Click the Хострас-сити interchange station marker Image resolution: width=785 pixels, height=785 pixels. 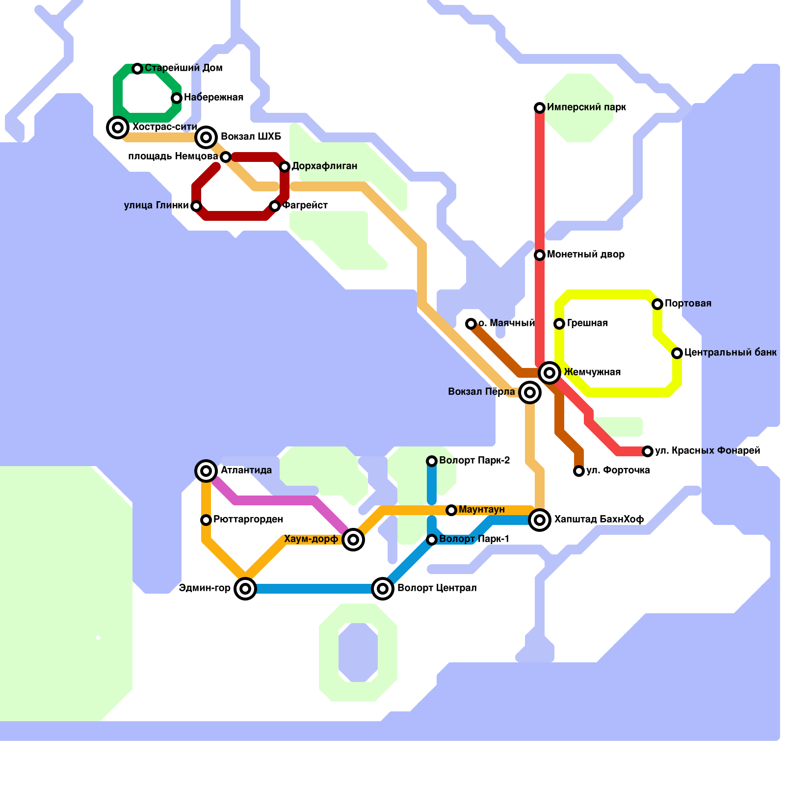(118, 128)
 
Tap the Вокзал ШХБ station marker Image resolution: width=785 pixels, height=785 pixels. (206, 137)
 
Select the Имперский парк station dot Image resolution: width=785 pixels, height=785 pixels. (540, 108)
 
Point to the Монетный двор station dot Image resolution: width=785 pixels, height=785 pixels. (540, 255)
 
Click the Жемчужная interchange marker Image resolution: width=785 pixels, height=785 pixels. (549, 373)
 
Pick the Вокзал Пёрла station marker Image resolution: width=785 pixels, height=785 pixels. (530, 392)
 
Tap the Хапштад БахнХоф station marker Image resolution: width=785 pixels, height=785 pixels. (540, 520)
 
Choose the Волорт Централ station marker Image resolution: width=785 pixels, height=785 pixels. (383, 588)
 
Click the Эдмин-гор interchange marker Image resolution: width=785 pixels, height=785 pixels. (245, 588)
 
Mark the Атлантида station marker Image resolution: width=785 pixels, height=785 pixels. (206, 471)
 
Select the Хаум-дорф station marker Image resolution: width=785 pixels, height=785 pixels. (353, 540)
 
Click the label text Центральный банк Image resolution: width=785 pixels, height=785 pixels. (730, 352)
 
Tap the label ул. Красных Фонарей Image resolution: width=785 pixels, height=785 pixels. (707, 450)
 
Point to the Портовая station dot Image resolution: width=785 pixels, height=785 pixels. (657, 304)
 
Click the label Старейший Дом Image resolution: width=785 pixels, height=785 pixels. (183, 68)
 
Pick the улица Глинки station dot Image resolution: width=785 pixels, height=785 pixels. (196, 206)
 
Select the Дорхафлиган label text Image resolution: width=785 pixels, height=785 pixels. (324, 166)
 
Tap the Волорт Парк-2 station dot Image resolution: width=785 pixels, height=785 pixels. (432, 461)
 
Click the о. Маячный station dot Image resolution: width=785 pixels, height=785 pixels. (471, 324)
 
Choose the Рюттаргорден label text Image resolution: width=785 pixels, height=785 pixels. (248, 519)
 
